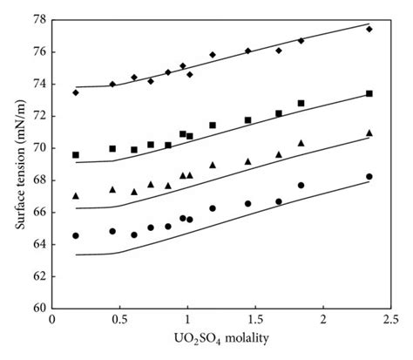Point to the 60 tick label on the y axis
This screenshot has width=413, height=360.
(x=39, y=308)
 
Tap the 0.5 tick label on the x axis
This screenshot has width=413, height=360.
(x=119, y=321)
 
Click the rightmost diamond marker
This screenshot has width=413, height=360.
(x=369, y=29)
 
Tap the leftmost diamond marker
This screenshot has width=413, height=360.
(x=76, y=92)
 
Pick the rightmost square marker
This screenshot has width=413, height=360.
(x=369, y=93)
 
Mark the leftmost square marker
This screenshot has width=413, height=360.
(x=76, y=154)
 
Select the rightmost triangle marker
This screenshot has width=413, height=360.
(x=369, y=132)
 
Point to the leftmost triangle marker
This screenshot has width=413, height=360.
(x=76, y=195)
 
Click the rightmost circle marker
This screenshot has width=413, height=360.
(x=369, y=176)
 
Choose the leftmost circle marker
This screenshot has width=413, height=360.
(x=76, y=235)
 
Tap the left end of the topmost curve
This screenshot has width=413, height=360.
(x=76, y=86)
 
